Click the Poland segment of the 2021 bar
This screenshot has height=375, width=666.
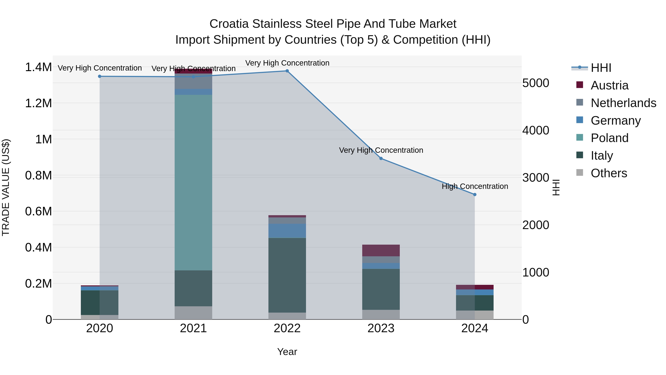pos(193,182)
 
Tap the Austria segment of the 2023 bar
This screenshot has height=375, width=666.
pos(381,250)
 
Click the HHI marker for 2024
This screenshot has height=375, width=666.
pos(475,195)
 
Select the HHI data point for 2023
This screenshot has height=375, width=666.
pos(381,158)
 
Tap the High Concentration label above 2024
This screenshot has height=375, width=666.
pos(475,186)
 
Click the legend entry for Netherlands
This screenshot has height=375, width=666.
pos(623,103)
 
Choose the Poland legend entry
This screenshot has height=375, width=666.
pos(609,138)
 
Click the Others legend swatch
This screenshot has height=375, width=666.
pos(580,173)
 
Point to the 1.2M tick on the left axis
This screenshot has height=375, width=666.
pos(38,103)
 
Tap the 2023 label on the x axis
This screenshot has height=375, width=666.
pos(381,328)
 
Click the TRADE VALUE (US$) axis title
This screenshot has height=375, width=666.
pos(6,187)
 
